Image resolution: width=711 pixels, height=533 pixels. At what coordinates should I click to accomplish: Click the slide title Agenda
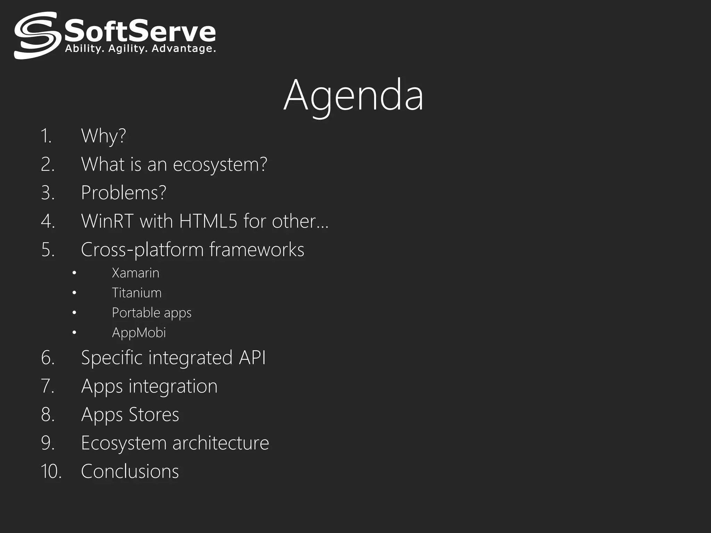point(353,95)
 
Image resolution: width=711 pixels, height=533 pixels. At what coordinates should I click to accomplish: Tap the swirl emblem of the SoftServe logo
point(36,35)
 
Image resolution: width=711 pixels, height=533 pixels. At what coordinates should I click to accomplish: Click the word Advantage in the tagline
point(184,49)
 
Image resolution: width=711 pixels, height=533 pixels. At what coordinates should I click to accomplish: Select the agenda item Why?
point(103,136)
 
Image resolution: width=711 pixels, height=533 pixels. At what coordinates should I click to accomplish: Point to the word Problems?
point(124,193)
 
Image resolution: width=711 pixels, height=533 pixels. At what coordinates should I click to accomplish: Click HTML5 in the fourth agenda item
point(208,221)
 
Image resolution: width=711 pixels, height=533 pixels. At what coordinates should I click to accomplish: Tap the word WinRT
point(107,221)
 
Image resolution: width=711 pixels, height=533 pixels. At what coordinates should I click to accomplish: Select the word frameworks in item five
point(257,249)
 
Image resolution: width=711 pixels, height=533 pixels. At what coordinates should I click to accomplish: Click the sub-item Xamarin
point(135,273)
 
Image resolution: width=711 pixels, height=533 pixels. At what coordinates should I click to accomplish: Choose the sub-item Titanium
point(136,293)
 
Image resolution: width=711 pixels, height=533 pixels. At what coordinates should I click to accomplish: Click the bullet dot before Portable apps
point(74,313)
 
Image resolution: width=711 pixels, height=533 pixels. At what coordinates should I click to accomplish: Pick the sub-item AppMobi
point(139,333)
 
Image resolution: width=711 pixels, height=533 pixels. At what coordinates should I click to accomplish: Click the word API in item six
point(252,358)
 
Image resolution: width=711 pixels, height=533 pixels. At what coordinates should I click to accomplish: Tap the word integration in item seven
point(173,386)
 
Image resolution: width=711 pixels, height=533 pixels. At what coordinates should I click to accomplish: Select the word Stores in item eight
point(154,415)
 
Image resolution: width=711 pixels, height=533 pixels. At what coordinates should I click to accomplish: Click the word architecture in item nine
point(220,443)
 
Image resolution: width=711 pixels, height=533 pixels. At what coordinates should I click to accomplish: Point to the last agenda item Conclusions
point(130,472)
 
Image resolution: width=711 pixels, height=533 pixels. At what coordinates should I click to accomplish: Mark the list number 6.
point(48,358)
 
